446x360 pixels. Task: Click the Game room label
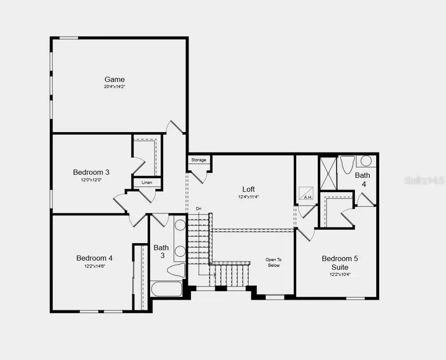click(114, 79)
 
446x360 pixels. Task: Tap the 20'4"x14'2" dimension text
click(114, 87)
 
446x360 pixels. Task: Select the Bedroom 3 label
click(91, 172)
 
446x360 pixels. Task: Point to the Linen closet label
click(147, 183)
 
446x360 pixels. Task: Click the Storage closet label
click(199, 160)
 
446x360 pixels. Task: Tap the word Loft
click(249, 189)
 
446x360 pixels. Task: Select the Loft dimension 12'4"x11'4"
click(249, 197)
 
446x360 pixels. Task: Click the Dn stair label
click(199, 208)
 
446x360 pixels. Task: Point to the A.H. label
click(307, 197)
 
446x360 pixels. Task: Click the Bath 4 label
click(362, 179)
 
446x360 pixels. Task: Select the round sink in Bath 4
click(366, 160)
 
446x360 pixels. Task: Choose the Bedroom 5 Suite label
click(339, 262)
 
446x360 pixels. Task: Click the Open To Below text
click(273, 262)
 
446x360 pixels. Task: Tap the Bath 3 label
click(161, 252)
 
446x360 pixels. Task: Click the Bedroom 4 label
click(94, 258)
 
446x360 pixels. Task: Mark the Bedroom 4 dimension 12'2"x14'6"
click(94, 266)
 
